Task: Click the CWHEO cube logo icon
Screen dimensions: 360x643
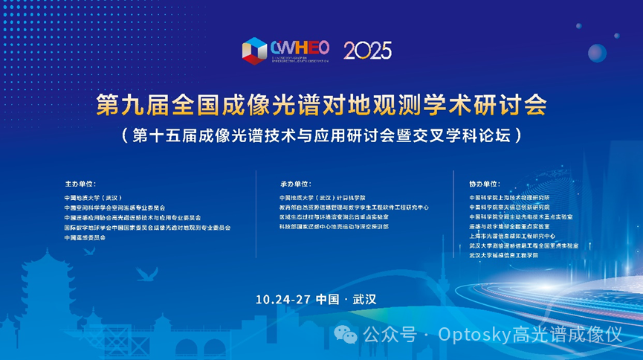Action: point(255,51)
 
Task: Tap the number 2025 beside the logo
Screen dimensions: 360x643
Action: point(367,51)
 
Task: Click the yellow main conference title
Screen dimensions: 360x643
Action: point(322,106)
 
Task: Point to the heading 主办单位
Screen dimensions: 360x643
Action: point(82,183)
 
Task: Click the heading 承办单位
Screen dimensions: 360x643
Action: point(295,183)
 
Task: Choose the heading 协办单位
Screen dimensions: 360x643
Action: point(485,183)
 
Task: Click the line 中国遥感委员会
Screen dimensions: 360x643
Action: point(85,237)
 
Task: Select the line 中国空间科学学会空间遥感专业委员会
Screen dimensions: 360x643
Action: point(115,208)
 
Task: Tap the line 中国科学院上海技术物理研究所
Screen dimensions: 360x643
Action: point(509,198)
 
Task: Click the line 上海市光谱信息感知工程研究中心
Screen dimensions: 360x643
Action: point(513,236)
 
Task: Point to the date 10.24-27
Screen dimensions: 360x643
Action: point(282,299)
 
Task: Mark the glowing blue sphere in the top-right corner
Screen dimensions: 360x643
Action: point(597,52)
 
